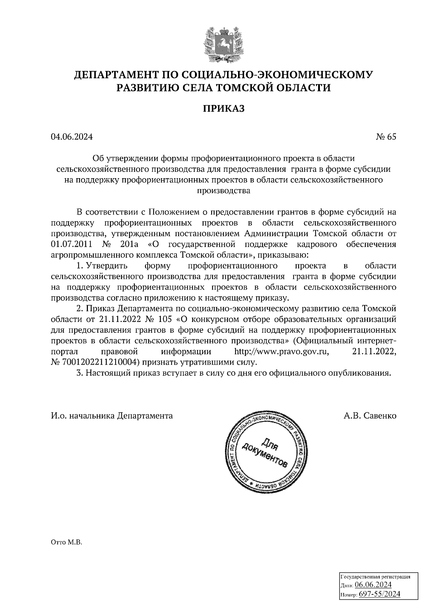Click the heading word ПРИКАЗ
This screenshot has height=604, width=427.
pyautogui.click(x=224, y=108)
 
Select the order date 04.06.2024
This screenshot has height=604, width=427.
pyautogui.click(x=72, y=137)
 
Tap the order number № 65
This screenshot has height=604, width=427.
pyautogui.click(x=386, y=137)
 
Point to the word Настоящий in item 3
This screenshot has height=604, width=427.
pyautogui.click(x=107, y=373)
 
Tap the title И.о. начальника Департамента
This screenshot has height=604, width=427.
pyautogui.click(x=112, y=415)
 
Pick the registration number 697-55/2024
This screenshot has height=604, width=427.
pyautogui.click(x=379, y=594)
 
